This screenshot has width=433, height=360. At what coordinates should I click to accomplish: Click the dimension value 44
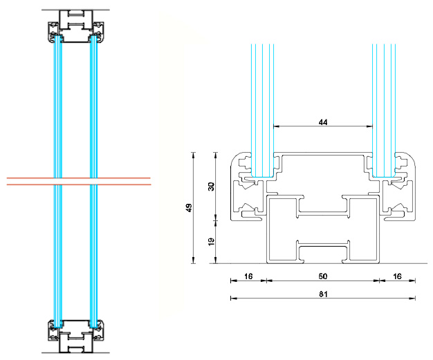(322, 122)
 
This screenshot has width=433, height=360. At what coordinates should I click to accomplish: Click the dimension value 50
(322, 276)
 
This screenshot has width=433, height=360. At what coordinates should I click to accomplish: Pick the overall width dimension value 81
(322, 294)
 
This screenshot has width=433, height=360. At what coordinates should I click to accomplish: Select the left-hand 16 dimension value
(248, 276)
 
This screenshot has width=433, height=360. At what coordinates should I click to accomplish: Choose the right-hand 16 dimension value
(397, 276)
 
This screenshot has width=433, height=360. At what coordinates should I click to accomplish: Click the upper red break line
(80, 178)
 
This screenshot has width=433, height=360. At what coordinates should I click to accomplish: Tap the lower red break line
(80, 184)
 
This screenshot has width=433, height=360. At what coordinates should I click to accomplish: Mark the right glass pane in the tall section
(93, 111)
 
